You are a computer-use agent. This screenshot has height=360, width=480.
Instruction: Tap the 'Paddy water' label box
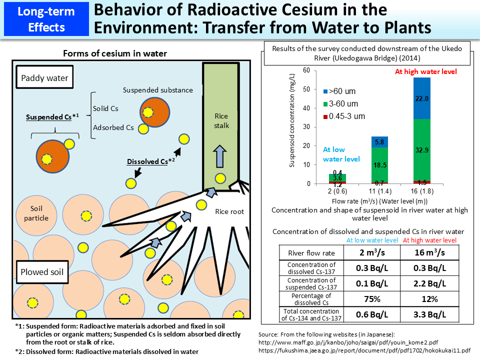coord(45,78)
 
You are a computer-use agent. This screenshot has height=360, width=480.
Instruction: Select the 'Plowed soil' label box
coord(42,272)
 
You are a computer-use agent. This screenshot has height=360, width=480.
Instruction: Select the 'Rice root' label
coord(229,211)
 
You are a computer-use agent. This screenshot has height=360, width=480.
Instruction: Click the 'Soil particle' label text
coord(39,213)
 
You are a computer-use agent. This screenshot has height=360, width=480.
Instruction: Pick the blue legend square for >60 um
coord(325,91)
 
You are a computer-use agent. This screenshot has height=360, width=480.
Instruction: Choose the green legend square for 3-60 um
coord(325,104)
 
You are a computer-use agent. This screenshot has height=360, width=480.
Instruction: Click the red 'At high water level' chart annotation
coord(425,71)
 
